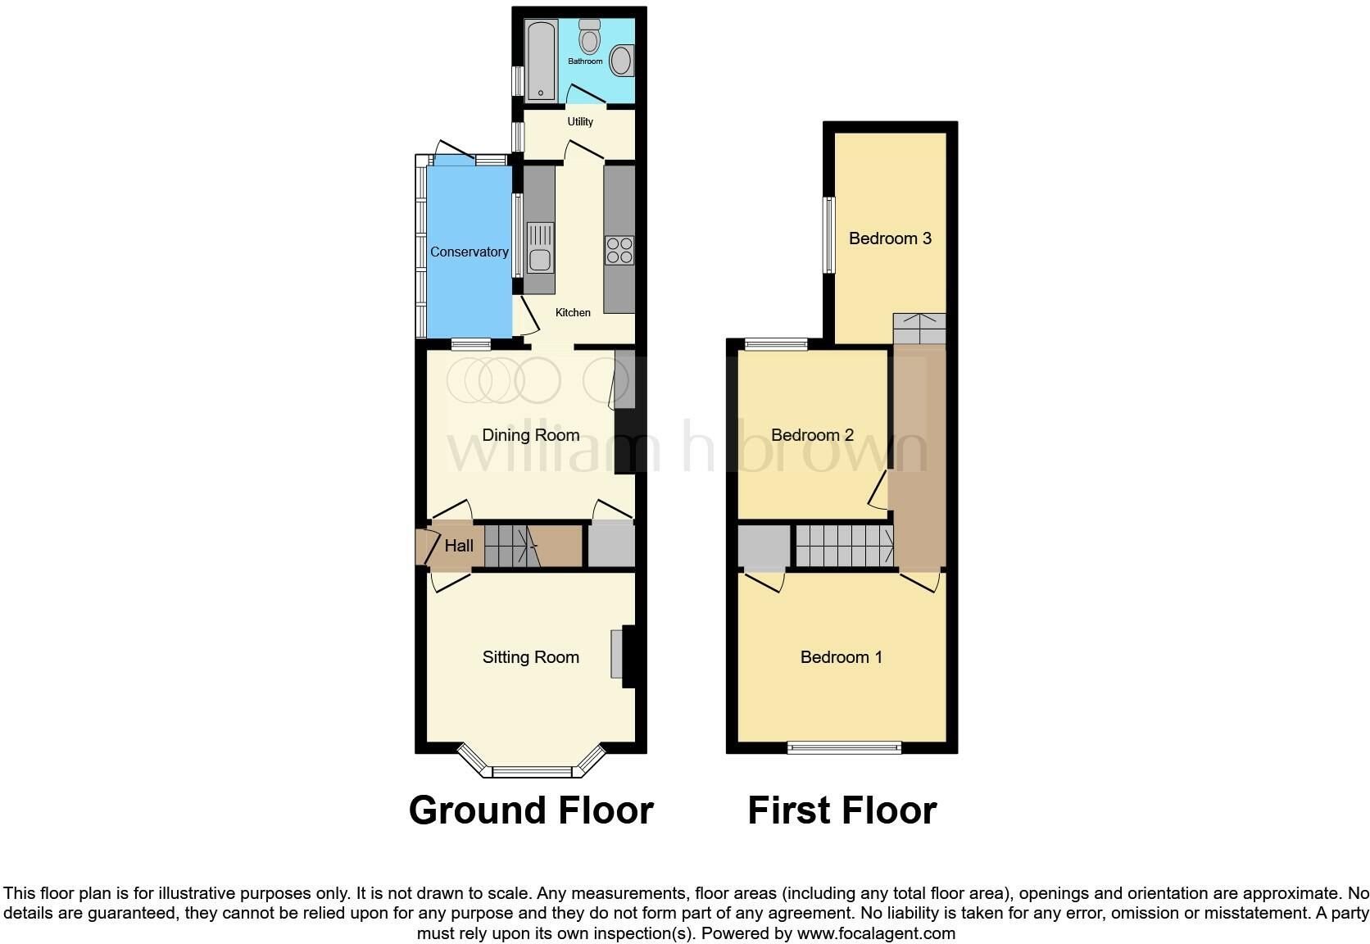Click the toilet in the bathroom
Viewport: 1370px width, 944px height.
pyautogui.click(x=589, y=38)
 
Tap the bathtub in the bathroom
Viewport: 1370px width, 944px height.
pyautogui.click(x=541, y=61)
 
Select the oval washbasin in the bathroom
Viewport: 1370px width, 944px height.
pyautogui.click(x=622, y=61)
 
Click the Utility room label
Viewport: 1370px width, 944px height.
pyautogui.click(x=580, y=121)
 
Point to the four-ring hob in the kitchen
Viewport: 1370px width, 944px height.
pyautogui.click(x=619, y=250)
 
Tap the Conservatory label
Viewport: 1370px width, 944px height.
pyautogui.click(x=469, y=252)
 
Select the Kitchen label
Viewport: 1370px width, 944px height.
pyautogui.click(x=573, y=312)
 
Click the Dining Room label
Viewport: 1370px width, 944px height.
pyautogui.click(x=530, y=435)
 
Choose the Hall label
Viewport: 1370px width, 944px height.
pyautogui.click(x=459, y=546)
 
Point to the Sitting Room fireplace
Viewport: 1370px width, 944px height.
pyautogui.click(x=624, y=656)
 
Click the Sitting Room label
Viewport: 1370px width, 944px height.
pyautogui.click(x=530, y=657)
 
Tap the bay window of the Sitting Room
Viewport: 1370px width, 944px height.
pyautogui.click(x=531, y=770)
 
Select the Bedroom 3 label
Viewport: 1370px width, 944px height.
pyautogui.click(x=890, y=238)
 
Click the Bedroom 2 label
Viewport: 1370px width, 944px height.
pyautogui.click(x=812, y=435)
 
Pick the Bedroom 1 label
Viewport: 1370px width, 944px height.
pyautogui.click(x=841, y=657)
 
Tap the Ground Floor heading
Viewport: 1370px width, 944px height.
pyautogui.click(x=531, y=810)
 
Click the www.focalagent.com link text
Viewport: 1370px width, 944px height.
pyautogui.click(x=876, y=933)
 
